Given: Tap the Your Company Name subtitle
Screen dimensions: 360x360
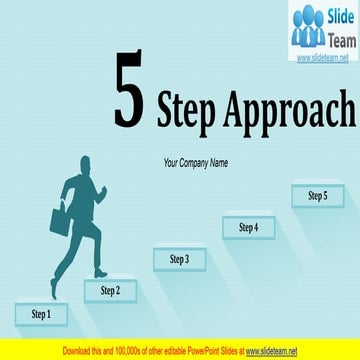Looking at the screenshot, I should (x=196, y=162).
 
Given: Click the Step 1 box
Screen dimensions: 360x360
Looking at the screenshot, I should (x=41, y=314).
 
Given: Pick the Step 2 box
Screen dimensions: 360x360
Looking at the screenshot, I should (x=110, y=291).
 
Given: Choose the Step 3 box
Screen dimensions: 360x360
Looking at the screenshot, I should (x=179, y=260).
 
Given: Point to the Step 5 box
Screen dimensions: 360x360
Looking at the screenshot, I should (x=317, y=196).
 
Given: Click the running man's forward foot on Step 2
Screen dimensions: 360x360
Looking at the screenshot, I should (x=101, y=272).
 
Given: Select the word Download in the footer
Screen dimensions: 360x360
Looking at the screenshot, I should (x=80, y=351).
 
